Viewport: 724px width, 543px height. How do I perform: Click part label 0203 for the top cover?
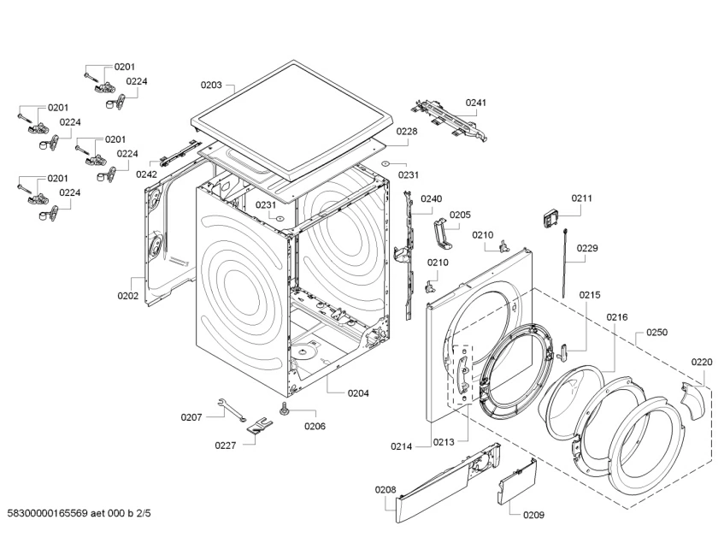tap(211, 85)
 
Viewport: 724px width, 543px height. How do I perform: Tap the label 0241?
tap(476, 103)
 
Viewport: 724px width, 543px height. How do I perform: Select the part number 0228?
tap(407, 132)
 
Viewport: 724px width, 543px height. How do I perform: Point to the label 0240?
tap(432, 199)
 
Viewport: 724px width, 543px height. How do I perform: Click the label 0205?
tap(460, 215)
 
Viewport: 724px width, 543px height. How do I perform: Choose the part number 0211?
tap(581, 198)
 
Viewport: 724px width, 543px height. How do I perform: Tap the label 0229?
tap(587, 249)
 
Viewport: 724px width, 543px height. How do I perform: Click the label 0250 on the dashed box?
tap(656, 332)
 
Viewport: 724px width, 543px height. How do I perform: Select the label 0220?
tap(701, 362)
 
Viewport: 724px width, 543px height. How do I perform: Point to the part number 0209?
tap(533, 515)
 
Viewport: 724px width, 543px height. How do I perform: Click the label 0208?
tap(386, 490)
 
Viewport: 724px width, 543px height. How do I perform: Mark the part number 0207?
tap(191, 417)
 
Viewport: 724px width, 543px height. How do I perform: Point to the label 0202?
tap(128, 297)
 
